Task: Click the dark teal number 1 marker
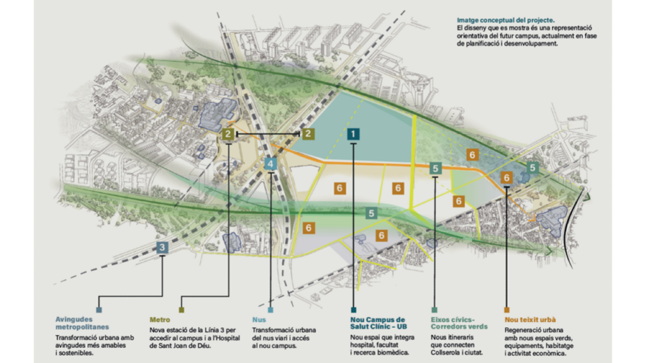pos(353,134)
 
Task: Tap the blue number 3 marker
pos(162,247)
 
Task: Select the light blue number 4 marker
pos(271,164)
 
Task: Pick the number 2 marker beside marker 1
pos(307,134)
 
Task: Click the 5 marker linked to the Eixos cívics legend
pos(435,168)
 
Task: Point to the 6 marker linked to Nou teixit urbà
pos(507,178)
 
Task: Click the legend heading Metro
pos(160,320)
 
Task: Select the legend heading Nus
pos(258,320)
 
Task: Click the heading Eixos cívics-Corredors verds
pos(459,323)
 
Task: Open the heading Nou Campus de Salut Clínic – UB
pos(378,323)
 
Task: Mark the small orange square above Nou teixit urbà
pos(507,310)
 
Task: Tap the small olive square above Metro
pos(182,310)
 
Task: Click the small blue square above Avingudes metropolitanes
pos(99,310)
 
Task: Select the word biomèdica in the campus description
pos(389,352)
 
